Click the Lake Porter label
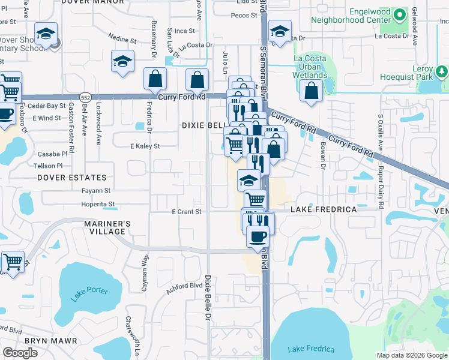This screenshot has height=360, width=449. [x=89, y=291]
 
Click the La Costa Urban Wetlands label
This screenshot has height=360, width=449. [x=310, y=67]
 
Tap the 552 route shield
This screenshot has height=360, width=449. [x=86, y=97]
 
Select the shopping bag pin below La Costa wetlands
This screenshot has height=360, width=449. [x=311, y=92]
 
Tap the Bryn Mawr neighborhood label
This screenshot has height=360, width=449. [x=53, y=341]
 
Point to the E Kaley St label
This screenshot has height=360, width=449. [x=145, y=146]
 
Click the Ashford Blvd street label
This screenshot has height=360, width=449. [x=184, y=287]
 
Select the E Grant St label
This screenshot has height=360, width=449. [x=187, y=212]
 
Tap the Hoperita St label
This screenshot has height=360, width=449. [x=98, y=205]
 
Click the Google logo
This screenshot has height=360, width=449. [x=20, y=353]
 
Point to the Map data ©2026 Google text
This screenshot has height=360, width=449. [x=411, y=355]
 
